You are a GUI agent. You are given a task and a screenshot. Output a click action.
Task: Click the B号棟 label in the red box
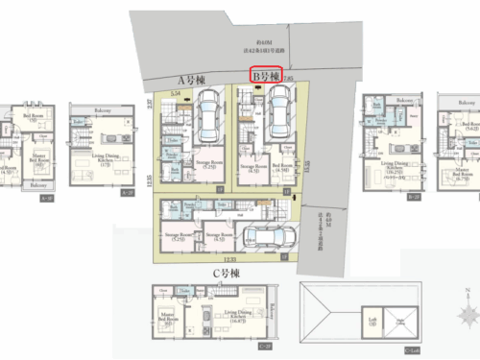tap(266, 74)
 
